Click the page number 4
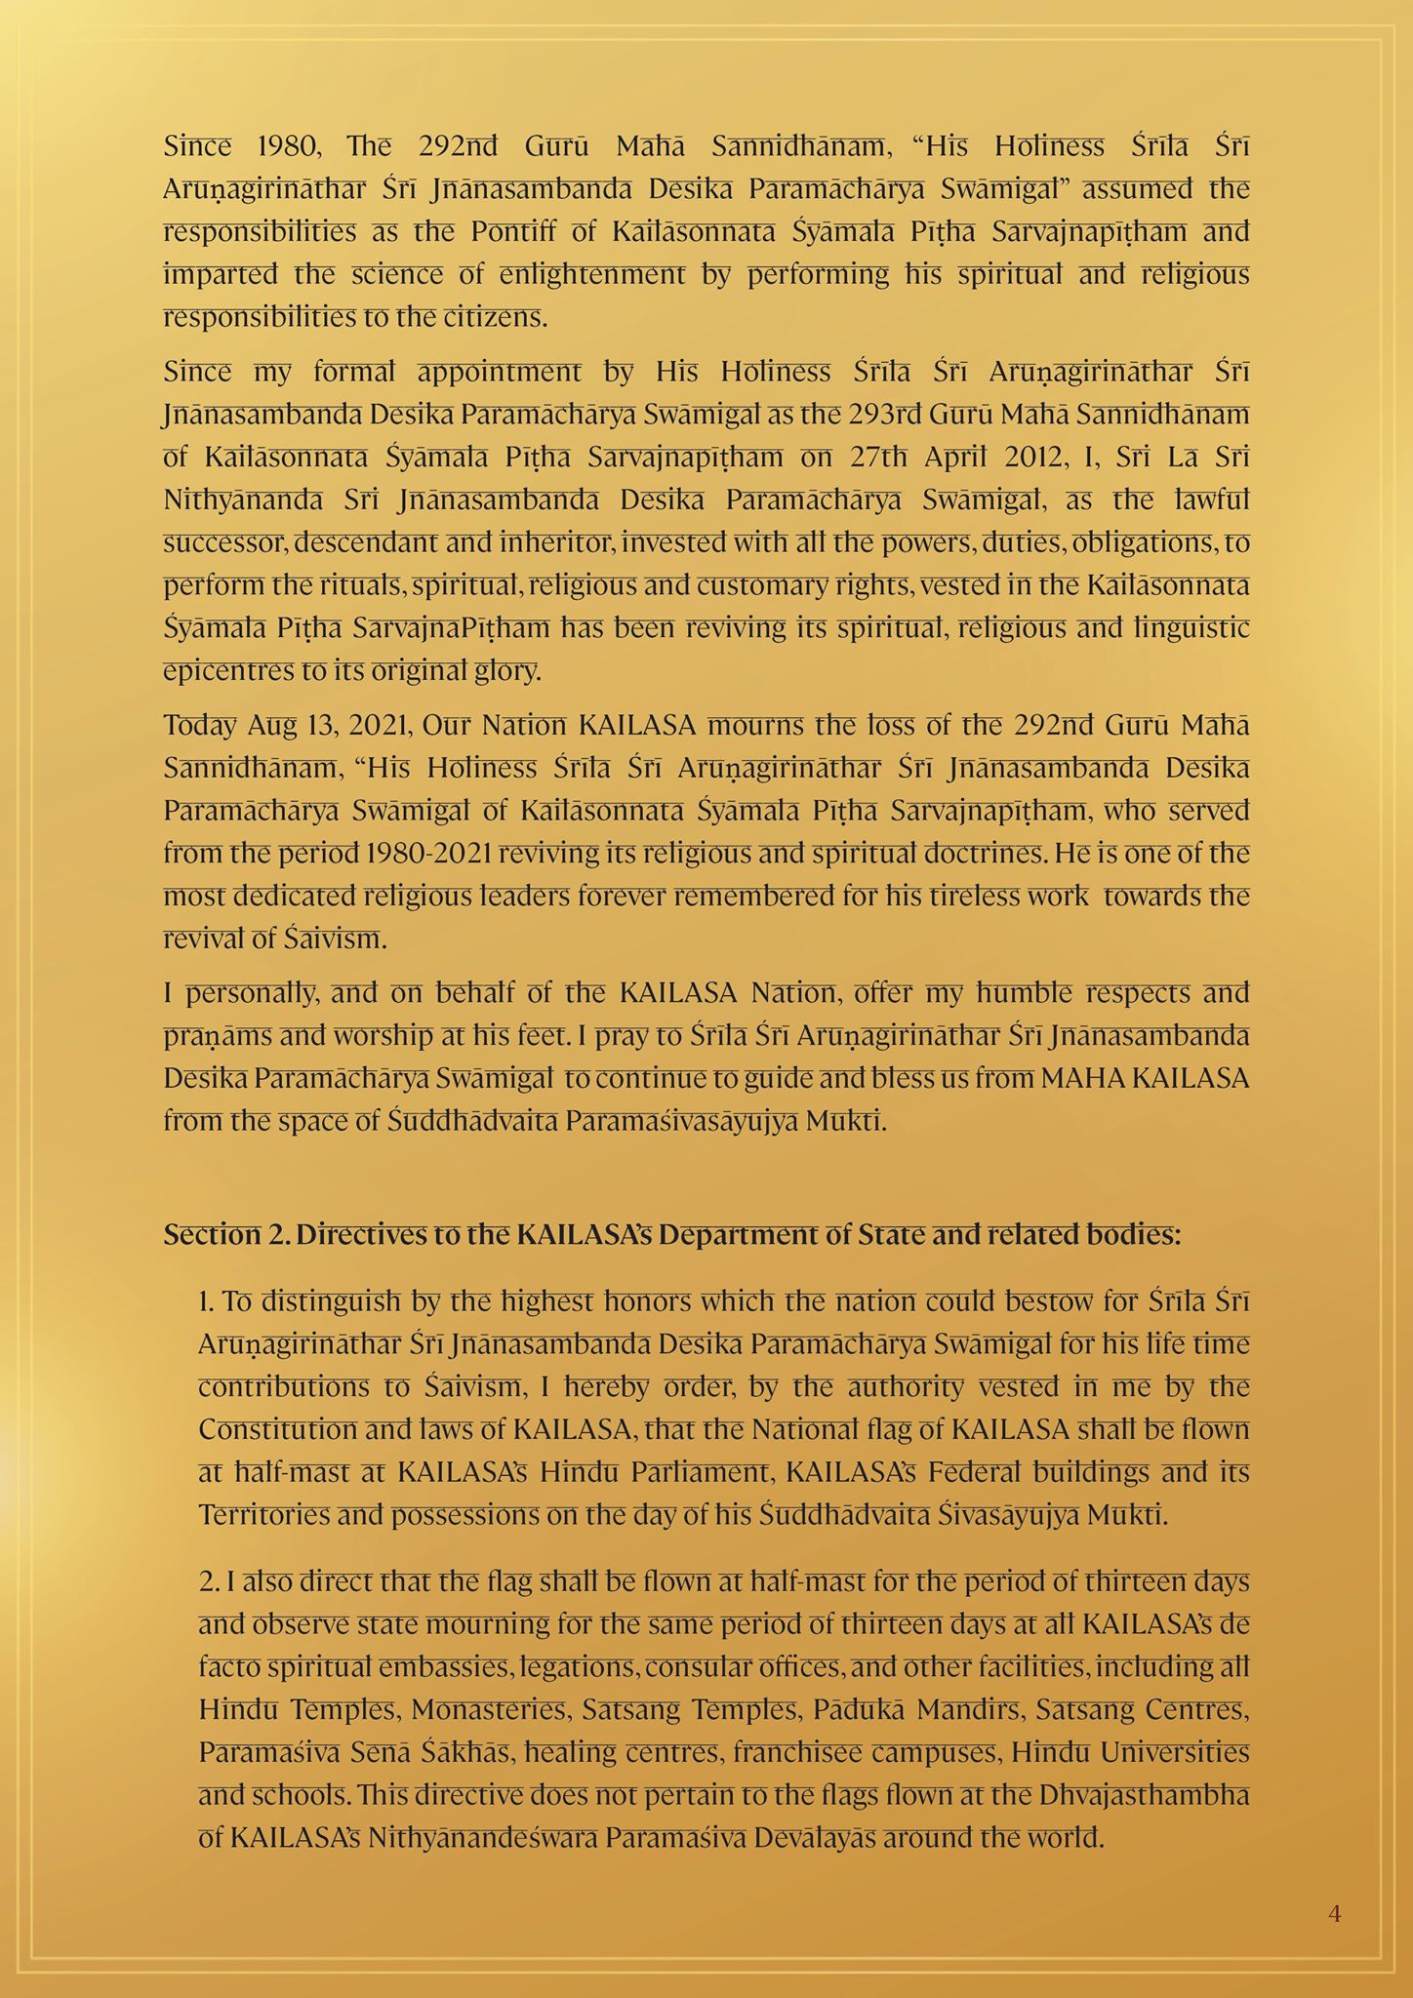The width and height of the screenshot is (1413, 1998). click(x=1334, y=1914)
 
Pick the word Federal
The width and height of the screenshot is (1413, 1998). click(x=950, y=1471)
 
